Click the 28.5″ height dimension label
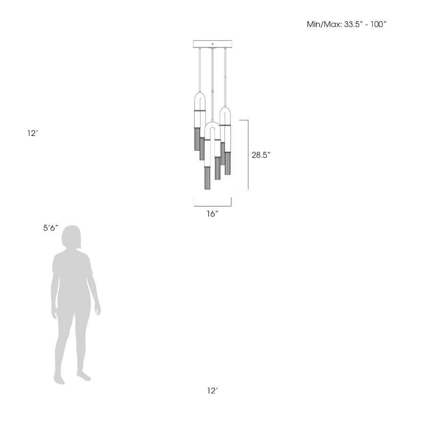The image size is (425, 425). (261, 155)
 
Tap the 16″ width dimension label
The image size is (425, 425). (212, 214)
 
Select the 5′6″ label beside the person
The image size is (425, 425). (51, 228)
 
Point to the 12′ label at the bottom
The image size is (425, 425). (213, 391)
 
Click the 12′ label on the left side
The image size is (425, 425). (33, 133)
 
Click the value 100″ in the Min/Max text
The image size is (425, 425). (378, 25)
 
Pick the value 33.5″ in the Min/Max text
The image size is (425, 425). (353, 25)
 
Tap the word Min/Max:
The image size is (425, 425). (324, 25)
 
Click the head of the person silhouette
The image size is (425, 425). (71, 237)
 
